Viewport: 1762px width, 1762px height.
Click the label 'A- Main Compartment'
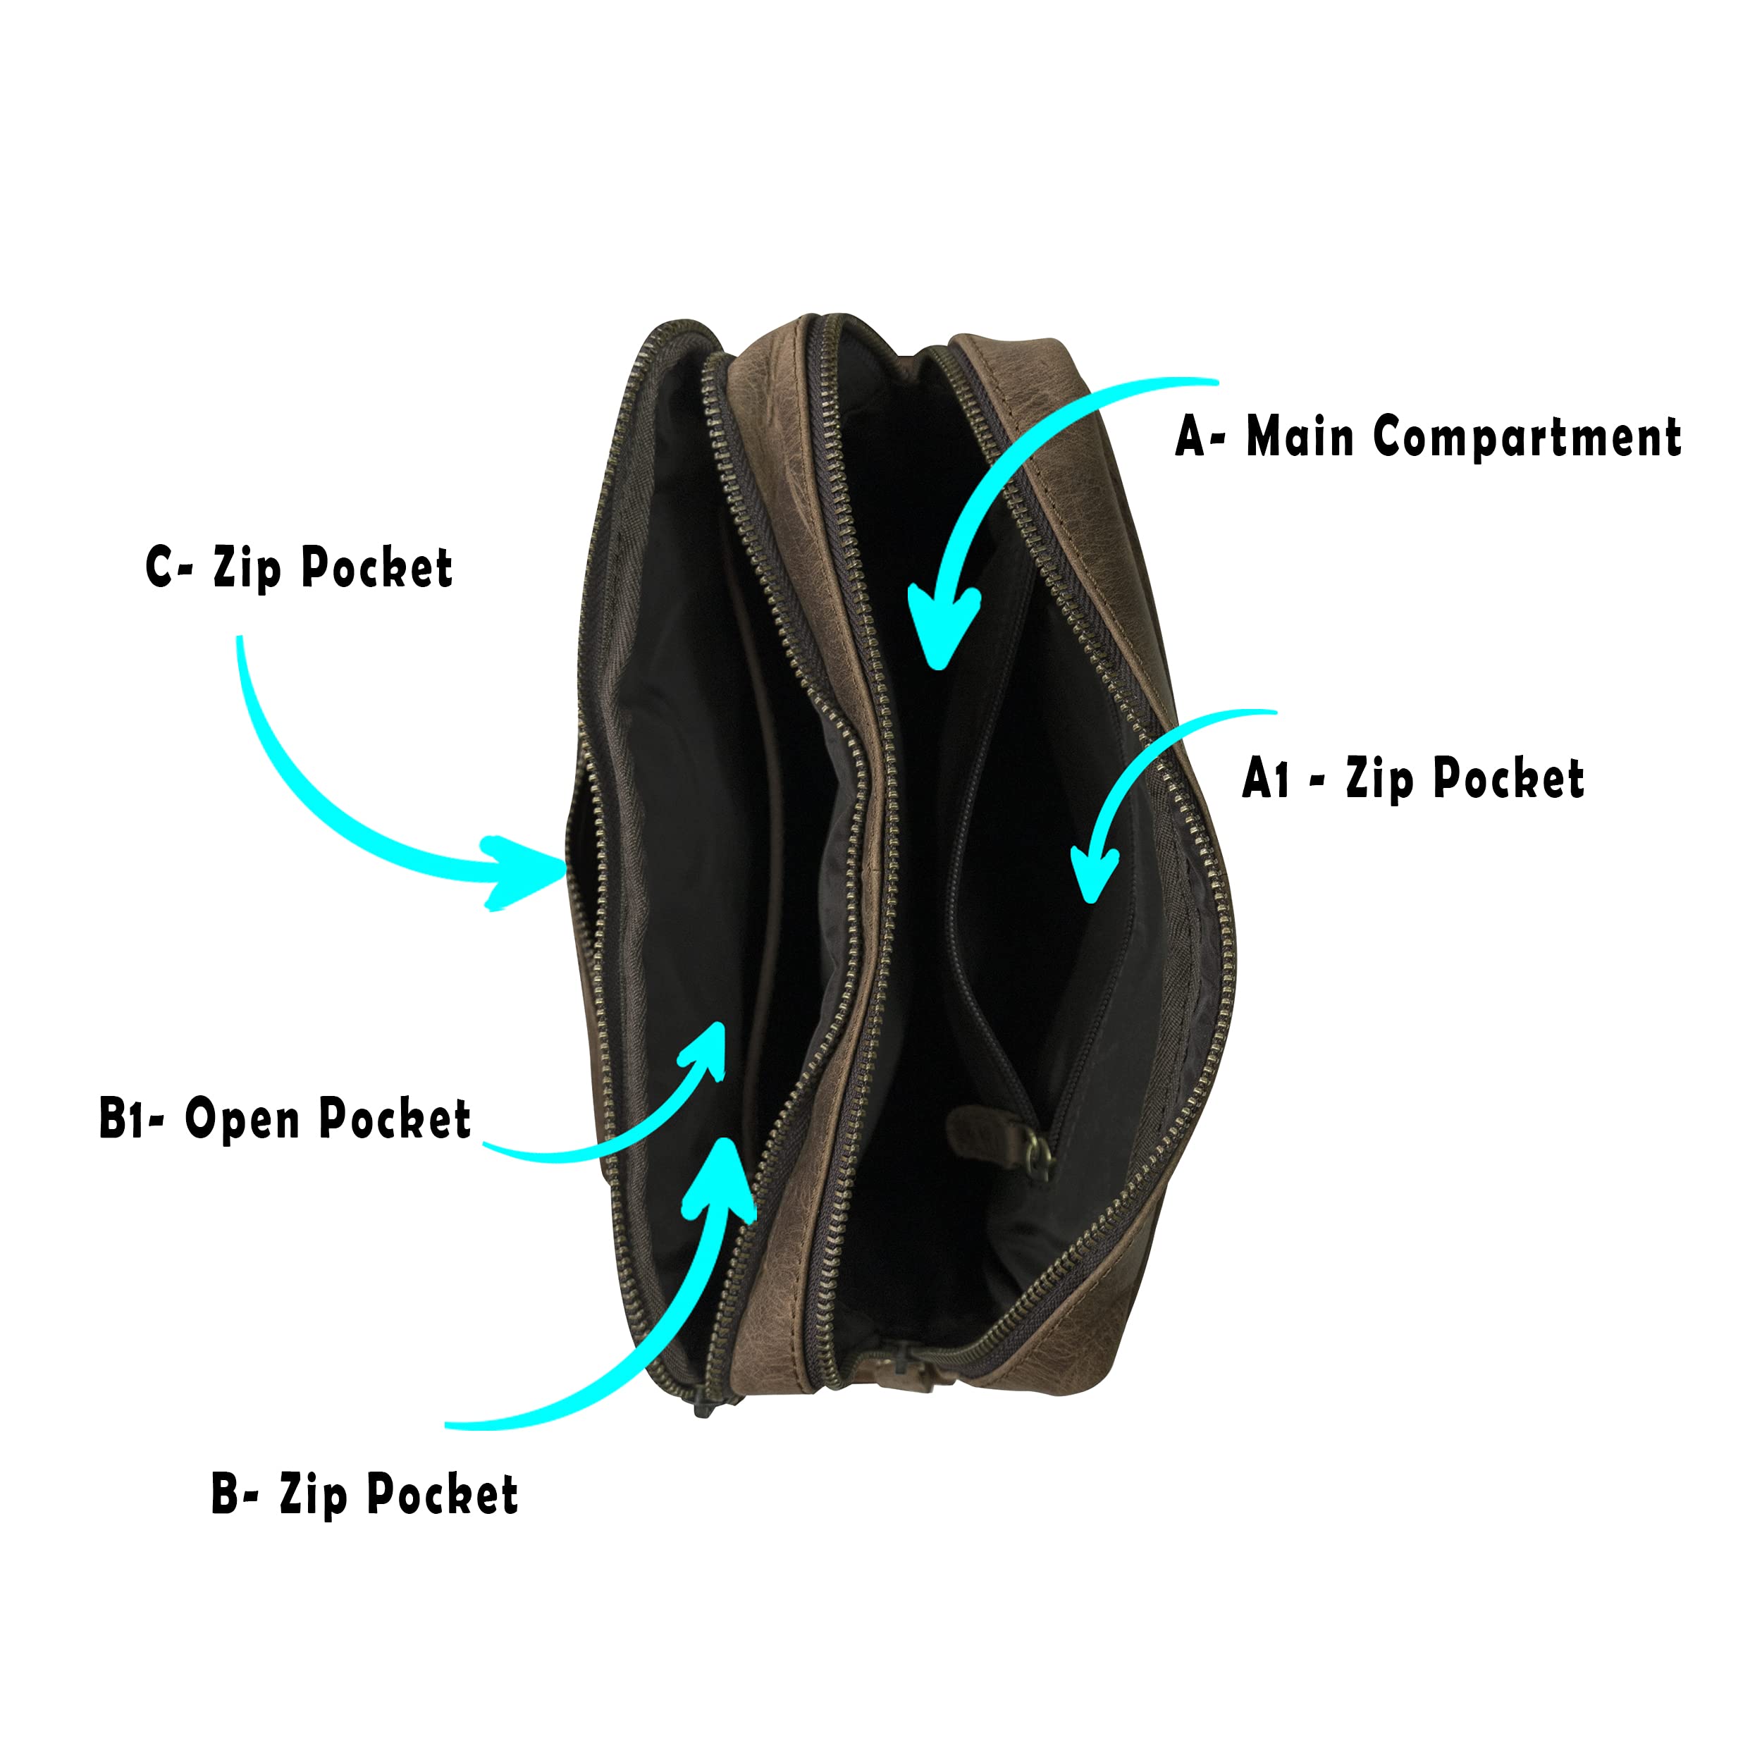1427,437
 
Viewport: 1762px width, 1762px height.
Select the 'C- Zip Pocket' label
299,567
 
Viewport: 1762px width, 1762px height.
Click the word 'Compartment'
1527,437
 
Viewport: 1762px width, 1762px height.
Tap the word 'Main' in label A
1299,436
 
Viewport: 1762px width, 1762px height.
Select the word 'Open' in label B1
242,1120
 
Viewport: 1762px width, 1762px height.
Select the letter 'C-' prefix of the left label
168,567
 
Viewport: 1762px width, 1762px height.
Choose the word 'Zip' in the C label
246,568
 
